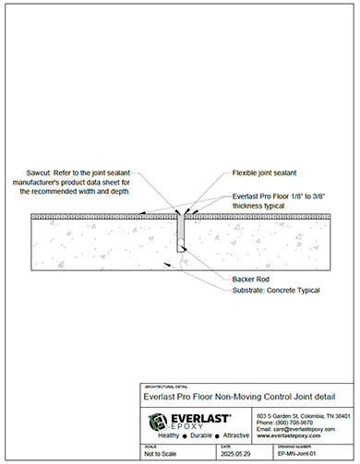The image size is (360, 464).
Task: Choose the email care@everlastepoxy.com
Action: click(302, 431)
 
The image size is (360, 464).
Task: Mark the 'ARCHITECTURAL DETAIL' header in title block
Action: click(162, 385)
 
